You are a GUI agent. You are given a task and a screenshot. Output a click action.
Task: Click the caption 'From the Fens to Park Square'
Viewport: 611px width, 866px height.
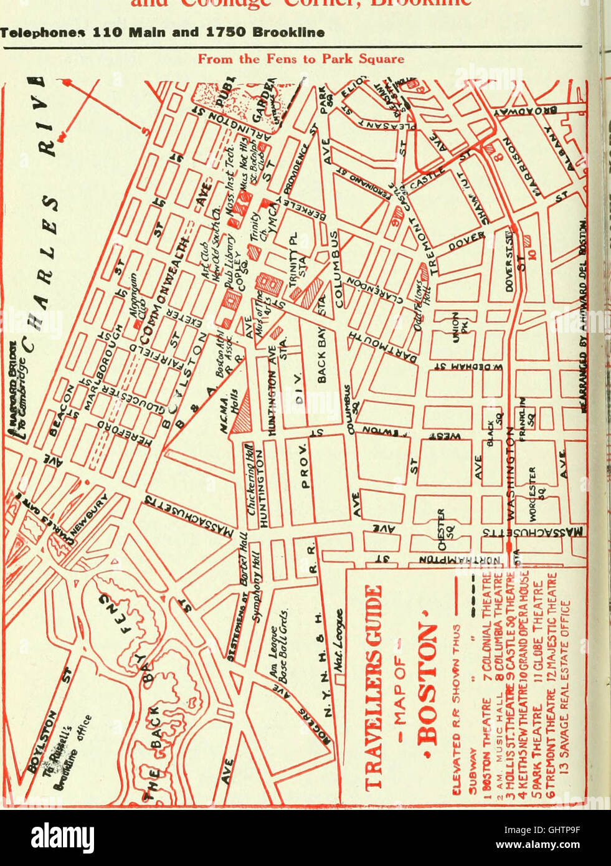(300, 59)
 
